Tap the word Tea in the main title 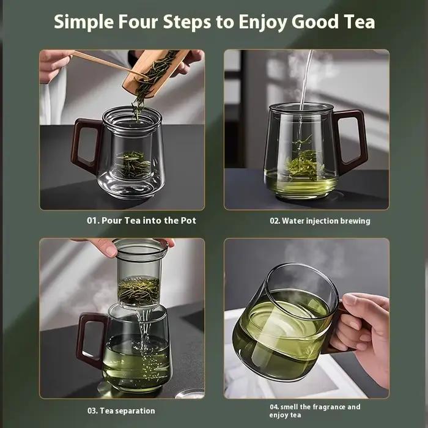pos(358,21)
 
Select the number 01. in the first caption pos(93,221)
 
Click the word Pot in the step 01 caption pos(188,221)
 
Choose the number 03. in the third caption pos(93,411)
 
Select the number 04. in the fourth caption pos(275,407)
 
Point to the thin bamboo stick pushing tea pos(109,65)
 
